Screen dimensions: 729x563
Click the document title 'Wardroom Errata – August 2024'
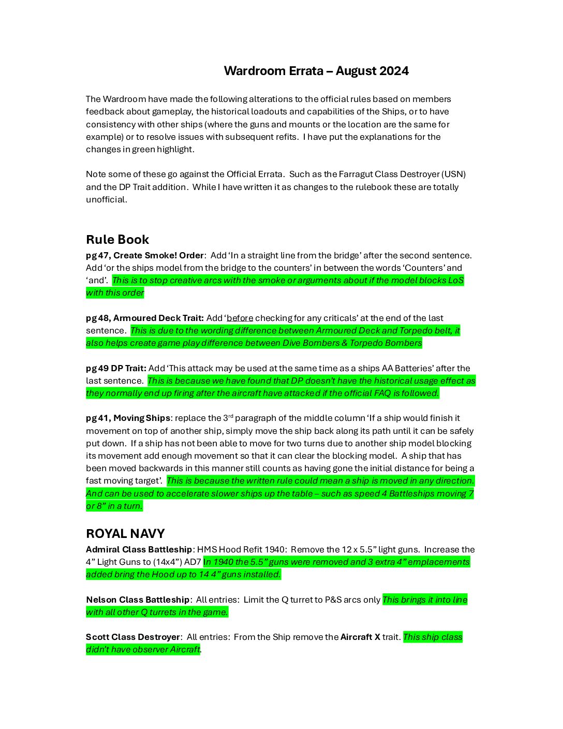pyautogui.click(x=316, y=71)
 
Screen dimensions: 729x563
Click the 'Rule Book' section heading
pyautogui.click(x=117, y=240)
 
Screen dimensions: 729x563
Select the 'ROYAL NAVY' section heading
pyautogui.click(x=125, y=534)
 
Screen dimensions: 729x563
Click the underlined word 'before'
pyautogui.click(x=240, y=318)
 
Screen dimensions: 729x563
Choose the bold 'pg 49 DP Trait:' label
pyautogui.click(x=116, y=368)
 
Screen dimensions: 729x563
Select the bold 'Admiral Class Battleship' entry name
pyautogui.click(x=139, y=549)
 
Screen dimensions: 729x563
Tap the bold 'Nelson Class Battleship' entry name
pyautogui.click(x=138, y=600)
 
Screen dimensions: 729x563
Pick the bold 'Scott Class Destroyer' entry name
pyautogui.click(x=133, y=637)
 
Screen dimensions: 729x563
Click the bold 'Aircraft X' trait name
pyautogui.click(x=360, y=637)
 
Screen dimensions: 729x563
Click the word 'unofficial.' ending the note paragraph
pyautogui.click(x=107, y=199)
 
